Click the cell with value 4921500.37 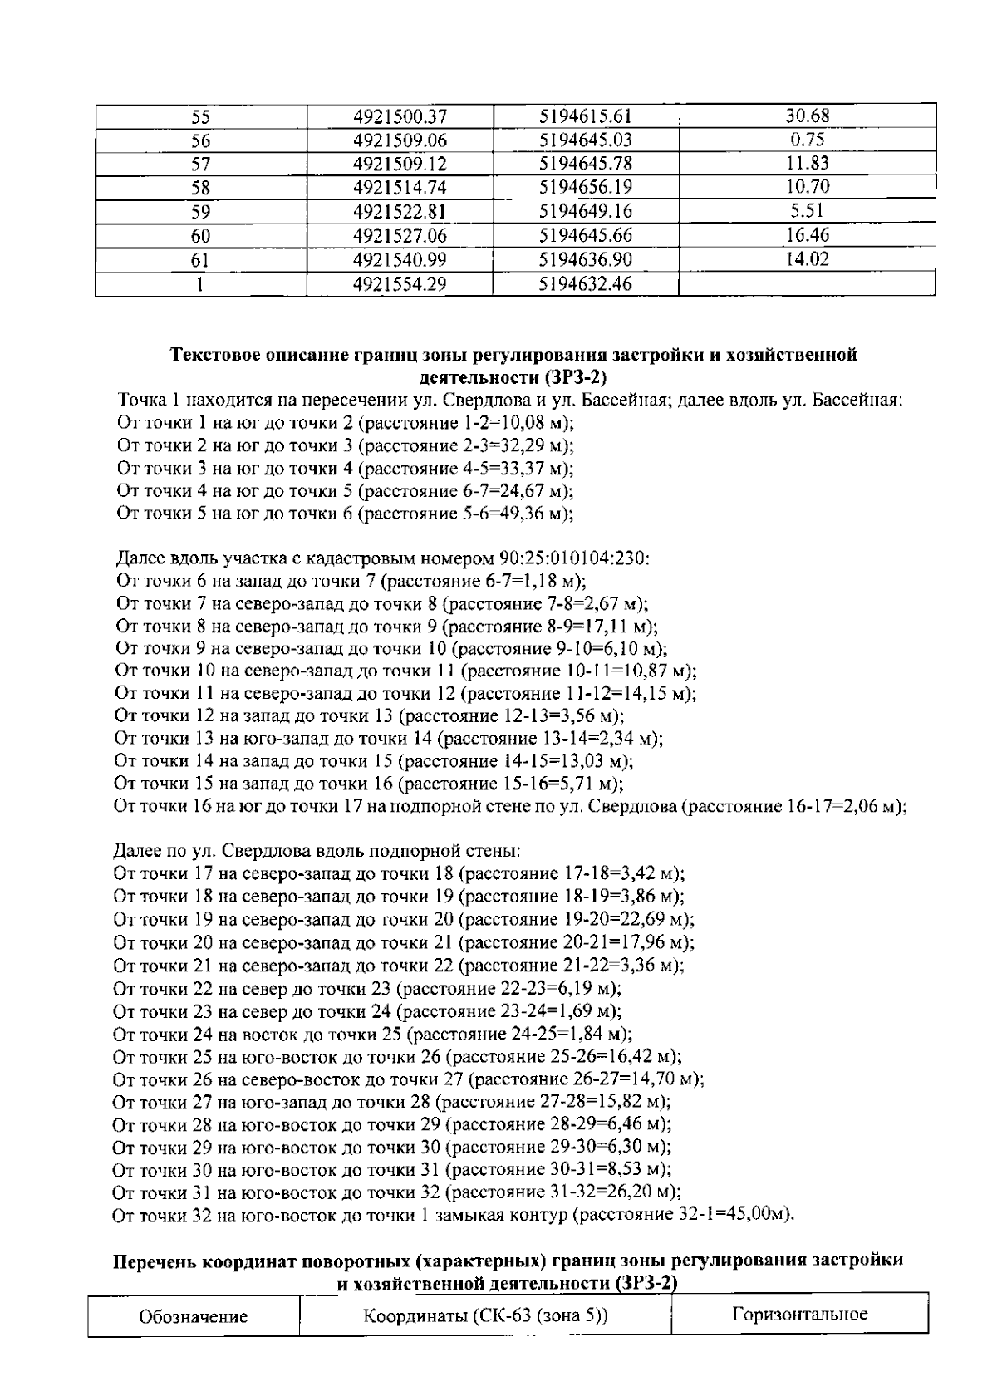click(x=400, y=116)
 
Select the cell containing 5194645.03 click(x=585, y=140)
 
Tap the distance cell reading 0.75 click(x=807, y=140)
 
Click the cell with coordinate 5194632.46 click(x=585, y=284)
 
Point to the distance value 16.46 click(x=807, y=236)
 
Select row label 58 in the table click(x=200, y=189)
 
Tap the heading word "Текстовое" click(x=213, y=356)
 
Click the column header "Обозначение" click(x=194, y=1316)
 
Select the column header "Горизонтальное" click(x=800, y=1314)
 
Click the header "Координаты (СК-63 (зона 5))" click(x=485, y=1316)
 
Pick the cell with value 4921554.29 click(x=400, y=284)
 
